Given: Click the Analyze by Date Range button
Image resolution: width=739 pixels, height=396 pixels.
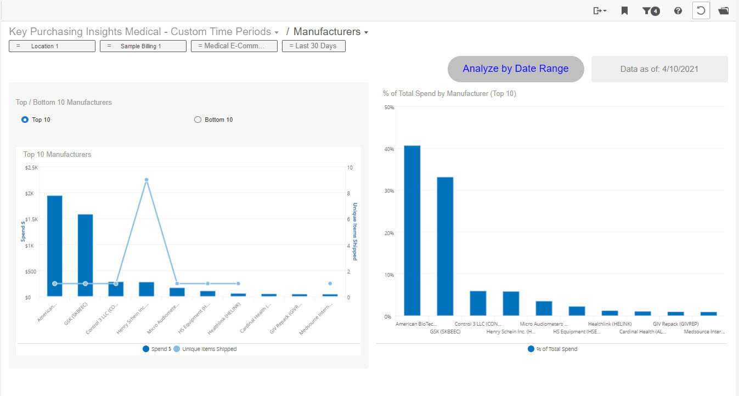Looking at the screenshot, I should pyautogui.click(x=516, y=69).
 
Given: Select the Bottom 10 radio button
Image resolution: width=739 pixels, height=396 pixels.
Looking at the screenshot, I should pyautogui.click(x=198, y=120).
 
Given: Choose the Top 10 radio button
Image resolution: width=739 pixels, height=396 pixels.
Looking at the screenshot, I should pyautogui.click(x=25, y=120).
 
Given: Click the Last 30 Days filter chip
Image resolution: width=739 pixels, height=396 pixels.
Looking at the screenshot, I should pyautogui.click(x=313, y=46).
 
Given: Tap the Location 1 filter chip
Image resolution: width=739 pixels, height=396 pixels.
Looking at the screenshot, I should pyautogui.click(x=52, y=46).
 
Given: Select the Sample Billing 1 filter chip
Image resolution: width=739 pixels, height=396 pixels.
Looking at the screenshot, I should pyautogui.click(x=143, y=46).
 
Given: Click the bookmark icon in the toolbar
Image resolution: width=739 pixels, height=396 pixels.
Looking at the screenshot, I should pyautogui.click(x=624, y=10).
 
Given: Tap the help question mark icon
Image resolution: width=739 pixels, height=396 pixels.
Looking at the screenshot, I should pyautogui.click(x=678, y=10).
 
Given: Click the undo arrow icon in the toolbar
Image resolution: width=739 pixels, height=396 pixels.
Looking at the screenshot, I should pyautogui.click(x=701, y=10).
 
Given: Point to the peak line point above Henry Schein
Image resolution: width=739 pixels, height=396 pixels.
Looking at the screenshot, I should pyautogui.click(x=146, y=179).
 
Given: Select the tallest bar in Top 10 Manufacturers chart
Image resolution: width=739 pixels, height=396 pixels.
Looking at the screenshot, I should pyautogui.click(x=54, y=246).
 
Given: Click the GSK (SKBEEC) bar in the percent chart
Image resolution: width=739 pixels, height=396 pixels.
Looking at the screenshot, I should pyautogui.click(x=445, y=246).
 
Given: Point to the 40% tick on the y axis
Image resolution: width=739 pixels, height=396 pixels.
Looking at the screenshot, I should pyautogui.click(x=389, y=149).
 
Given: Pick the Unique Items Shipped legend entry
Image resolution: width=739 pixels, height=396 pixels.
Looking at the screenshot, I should pyautogui.click(x=205, y=349).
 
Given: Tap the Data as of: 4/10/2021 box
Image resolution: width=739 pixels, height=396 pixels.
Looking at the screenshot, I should pyautogui.click(x=659, y=69).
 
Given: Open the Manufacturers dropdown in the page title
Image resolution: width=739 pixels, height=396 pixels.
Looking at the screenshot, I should pyautogui.click(x=331, y=32).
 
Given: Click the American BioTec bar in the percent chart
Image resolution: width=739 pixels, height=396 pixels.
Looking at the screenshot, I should pyautogui.click(x=412, y=230).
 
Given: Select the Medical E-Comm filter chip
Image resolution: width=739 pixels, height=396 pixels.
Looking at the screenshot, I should pyautogui.click(x=234, y=46).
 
